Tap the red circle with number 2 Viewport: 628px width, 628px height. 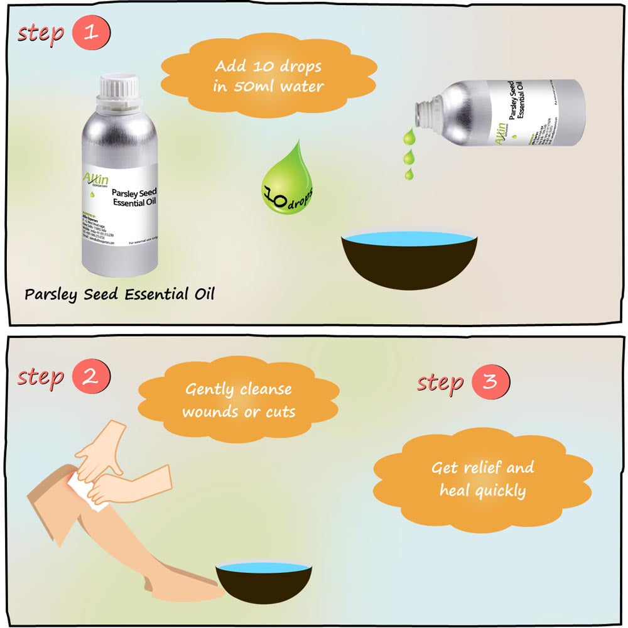(x=91, y=377)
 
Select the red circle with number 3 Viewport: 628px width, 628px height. (x=490, y=382)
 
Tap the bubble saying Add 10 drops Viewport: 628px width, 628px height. (x=269, y=76)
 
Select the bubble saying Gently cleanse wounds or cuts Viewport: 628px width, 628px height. (x=238, y=400)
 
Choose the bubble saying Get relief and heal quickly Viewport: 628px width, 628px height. (x=482, y=479)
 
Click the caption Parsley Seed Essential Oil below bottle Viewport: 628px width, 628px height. (x=119, y=294)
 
